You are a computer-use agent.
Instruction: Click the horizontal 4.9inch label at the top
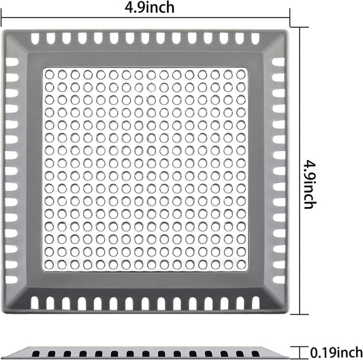click(150, 7)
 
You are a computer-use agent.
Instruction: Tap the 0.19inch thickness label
click(336, 353)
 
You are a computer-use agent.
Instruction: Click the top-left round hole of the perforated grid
click(49, 75)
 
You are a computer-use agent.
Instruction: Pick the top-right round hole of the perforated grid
click(241, 75)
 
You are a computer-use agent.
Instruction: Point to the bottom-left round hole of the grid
click(49, 265)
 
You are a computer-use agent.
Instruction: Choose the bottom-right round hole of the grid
click(241, 265)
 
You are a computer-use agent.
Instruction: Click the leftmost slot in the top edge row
click(35, 39)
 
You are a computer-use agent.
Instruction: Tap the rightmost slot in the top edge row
click(255, 39)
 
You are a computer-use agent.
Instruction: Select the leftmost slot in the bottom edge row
click(35, 303)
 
